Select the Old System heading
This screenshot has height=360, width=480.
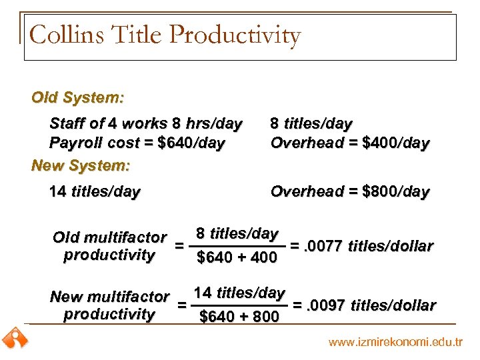77,97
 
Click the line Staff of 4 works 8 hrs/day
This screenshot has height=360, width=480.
145,124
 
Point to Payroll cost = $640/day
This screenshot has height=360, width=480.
137,143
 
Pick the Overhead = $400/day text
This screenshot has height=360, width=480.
349,143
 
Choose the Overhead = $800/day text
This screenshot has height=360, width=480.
349,192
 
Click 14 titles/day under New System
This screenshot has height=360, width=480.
95,192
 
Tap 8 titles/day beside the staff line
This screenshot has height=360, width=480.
311,124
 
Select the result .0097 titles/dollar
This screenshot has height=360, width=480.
369,305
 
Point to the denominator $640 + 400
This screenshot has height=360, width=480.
237,257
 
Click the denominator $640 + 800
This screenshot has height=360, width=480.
239,317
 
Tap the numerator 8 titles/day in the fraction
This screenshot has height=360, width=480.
237,234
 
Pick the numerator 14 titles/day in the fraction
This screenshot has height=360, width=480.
239,293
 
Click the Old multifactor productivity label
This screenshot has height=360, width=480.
109,246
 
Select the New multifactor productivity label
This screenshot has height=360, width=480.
109,305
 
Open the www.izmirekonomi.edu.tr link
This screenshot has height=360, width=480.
395,343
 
